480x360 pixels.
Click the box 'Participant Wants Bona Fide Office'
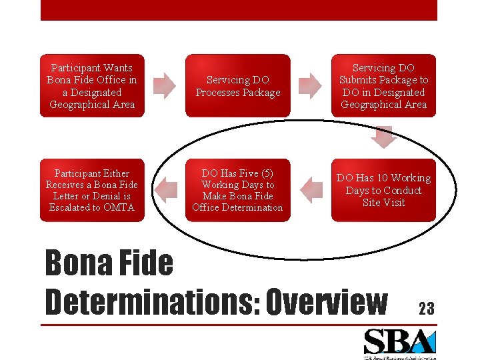[92, 86]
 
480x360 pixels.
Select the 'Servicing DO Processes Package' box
[238, 86]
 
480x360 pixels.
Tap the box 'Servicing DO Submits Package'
[383, 86]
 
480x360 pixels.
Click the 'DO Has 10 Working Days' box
[383, 190]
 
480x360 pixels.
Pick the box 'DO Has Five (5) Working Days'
[238, 190]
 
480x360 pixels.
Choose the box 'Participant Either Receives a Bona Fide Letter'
[92, 190]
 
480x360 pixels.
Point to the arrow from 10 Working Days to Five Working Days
[309, 189]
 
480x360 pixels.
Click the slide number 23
[426, 309]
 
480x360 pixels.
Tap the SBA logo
[399, 343]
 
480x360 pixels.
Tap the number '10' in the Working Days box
[382, 178]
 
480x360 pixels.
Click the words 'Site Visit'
[383, 203]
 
